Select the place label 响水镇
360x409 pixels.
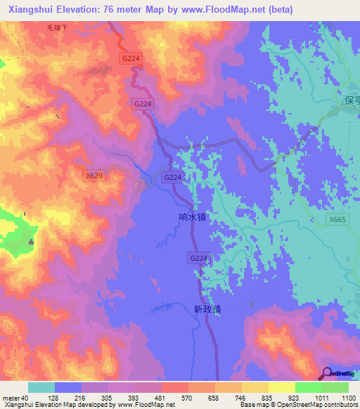pos(192,218)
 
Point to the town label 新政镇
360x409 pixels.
pos(207,309)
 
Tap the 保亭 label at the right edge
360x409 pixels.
pos(352,100)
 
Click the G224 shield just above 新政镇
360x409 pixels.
pos(199,259)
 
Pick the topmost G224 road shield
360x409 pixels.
pos(129,59)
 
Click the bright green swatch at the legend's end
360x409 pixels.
pos(335,387)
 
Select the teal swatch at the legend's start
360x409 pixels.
pos(41,387)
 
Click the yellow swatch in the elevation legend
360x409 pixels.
pos(281,387)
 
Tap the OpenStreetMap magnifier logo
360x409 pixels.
pos(327,373)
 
